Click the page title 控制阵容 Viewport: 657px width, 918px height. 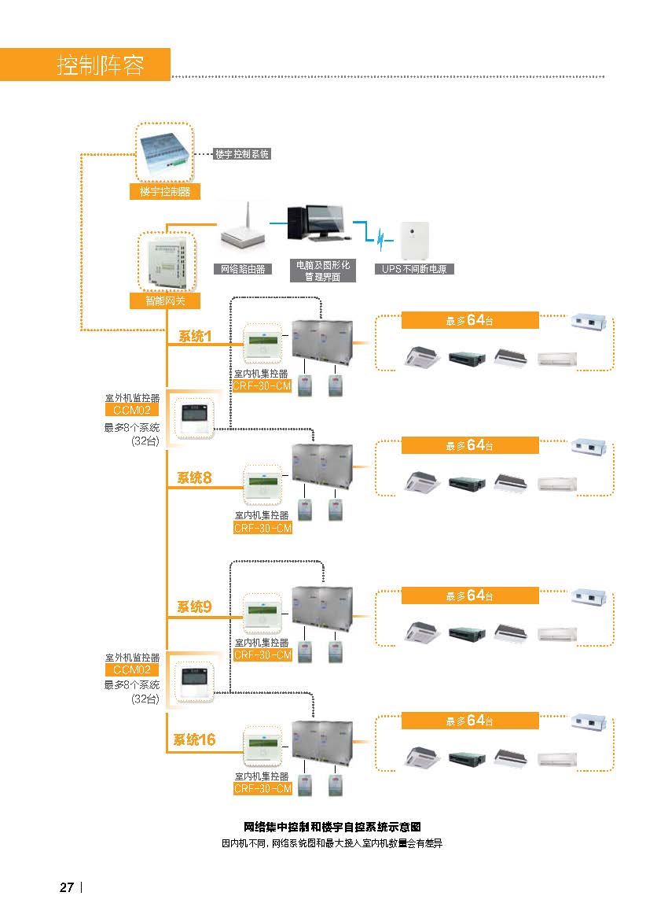100,65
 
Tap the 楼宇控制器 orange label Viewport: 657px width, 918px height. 165,191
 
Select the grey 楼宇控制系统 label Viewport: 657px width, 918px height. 242,154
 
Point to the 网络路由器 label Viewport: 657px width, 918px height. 243,269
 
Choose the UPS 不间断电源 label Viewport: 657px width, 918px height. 414,269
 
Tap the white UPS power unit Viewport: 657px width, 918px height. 414,240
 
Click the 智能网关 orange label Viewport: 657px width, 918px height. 165,301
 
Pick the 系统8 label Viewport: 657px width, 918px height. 193,477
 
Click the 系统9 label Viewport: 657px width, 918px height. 193,606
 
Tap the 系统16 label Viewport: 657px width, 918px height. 193,739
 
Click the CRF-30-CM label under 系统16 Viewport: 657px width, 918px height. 262,789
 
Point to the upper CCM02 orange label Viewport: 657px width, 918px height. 131,410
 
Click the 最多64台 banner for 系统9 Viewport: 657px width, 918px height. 470,595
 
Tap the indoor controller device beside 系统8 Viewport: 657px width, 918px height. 262,485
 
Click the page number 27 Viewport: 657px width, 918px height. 67,887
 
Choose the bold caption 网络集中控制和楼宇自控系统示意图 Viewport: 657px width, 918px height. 332,827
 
